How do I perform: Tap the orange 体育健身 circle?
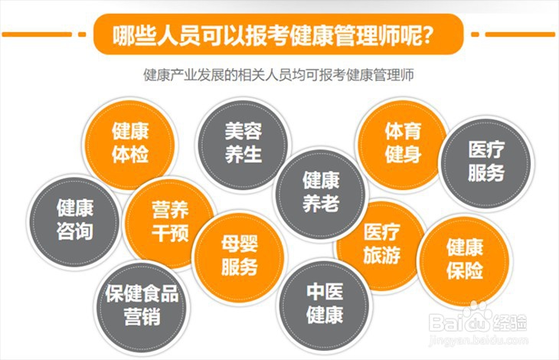[x=402, y=142]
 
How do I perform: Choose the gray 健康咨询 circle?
[x=74, y=219]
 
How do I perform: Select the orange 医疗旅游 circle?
[x=381, y=244]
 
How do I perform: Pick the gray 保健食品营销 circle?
[x=142, y=304]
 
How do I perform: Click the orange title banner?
[x=279, y=34]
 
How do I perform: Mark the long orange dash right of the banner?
[x=521, y=34]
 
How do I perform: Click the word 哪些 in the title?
[x=131, y=35]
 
